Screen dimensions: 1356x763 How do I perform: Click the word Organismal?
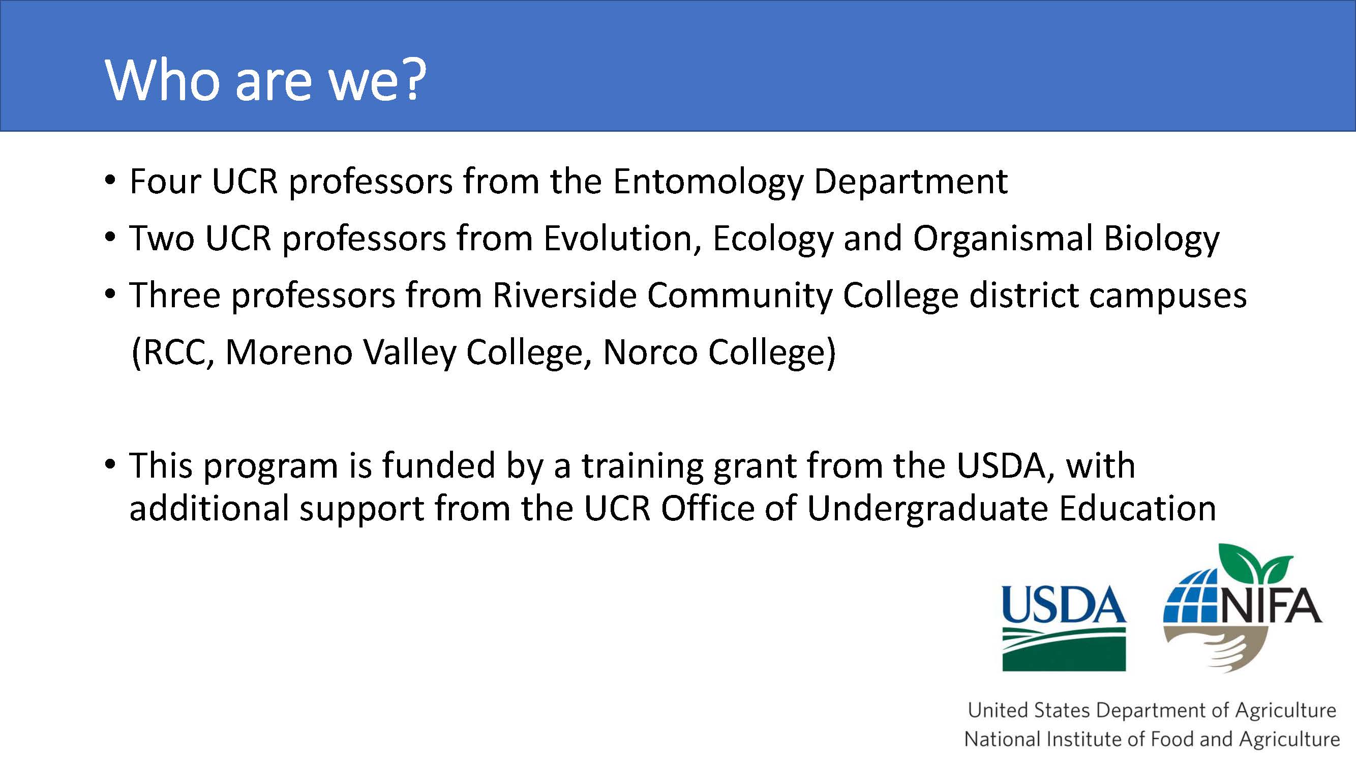coord(1002,239)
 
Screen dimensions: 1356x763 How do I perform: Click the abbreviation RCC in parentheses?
coord(174,353)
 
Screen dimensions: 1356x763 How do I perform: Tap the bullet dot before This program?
coord(109,465)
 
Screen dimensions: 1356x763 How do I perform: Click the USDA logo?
coord(1064,628)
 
